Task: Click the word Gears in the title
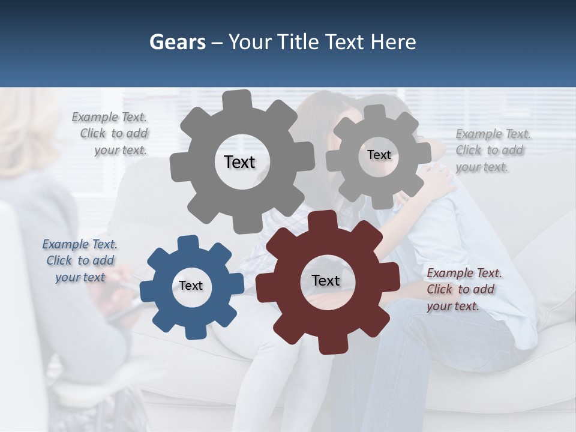coord(177,42)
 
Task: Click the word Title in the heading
coord(299,42)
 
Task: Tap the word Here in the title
coord(393,42)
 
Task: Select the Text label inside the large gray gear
coord(239,162)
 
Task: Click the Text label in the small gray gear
coord(379,155)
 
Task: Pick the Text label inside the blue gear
coord(191,286)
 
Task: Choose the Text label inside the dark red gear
coord(326,280)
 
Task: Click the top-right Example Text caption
coord(492,150)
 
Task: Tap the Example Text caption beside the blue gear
coord(80,260)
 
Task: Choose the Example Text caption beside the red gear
coord(463,289)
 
